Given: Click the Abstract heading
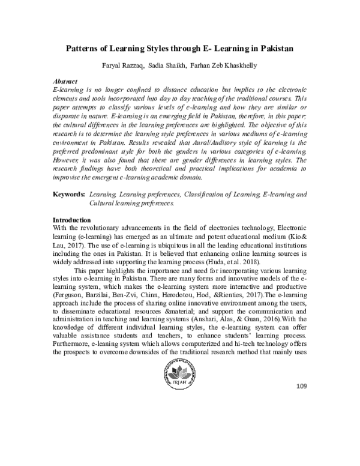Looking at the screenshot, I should point(66,80).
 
